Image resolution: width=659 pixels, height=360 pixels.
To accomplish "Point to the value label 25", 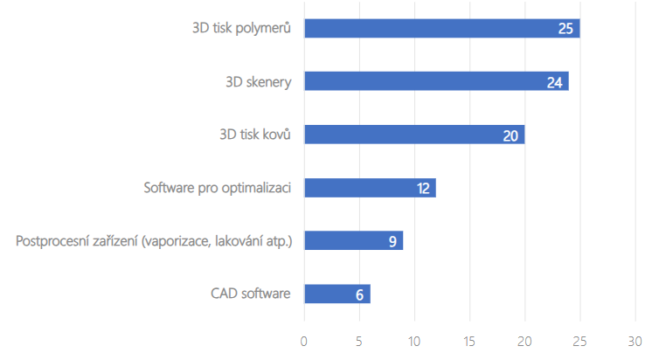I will (565, 29).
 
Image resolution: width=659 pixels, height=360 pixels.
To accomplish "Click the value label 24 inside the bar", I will (554, 82).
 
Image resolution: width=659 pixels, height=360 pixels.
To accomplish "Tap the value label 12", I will (422, 188).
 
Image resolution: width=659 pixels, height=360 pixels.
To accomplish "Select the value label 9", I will (392, 240).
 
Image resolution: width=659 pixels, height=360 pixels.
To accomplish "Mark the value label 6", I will (359, 294).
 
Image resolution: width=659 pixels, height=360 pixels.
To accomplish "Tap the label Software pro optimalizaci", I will (216, 188).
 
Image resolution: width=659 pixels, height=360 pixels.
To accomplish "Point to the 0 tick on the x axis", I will (304, 341).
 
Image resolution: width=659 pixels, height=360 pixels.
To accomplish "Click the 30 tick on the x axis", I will (635, 341).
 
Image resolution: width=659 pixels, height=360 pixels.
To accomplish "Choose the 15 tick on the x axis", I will (469, 341).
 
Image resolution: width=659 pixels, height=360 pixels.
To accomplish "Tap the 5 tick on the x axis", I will (359, 341).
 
